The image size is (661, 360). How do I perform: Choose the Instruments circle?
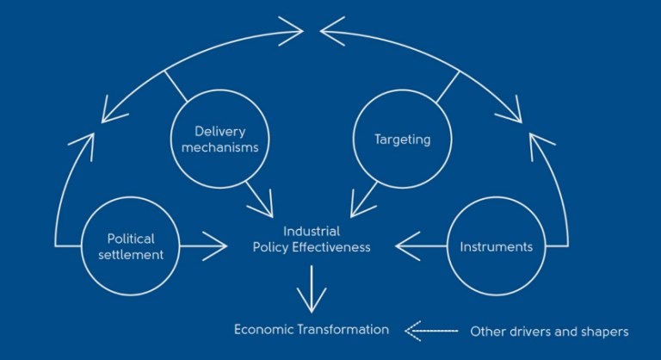click(x=496, y=246)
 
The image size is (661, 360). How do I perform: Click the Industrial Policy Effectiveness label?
click(x=312, y=239)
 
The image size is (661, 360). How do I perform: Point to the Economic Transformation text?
click(x=312, y=330)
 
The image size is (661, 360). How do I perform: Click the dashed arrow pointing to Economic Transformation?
click(x=428, y=330)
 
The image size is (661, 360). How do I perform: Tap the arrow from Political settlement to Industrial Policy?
click(x=205, y=246)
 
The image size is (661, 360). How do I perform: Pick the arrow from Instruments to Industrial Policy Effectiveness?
click(x=422, y=246)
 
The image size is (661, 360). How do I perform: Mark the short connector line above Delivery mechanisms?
click(x=177, y=86)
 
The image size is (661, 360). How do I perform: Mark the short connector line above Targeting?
click(x=448, y=86)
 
